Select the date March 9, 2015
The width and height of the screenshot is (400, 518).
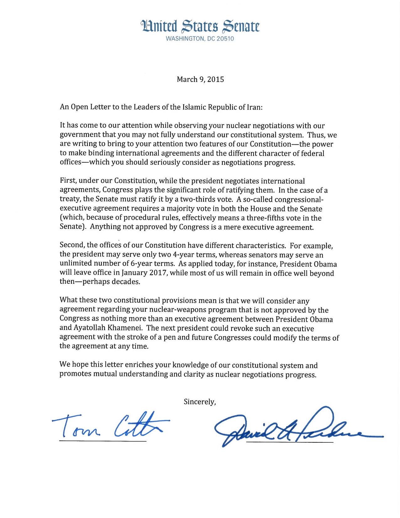(x=200, y=79)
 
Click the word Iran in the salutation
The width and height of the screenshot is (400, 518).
(x=254, y=107)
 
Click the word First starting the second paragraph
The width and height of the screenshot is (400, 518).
(x=68, y=181)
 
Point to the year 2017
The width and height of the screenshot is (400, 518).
(x=158, y=272)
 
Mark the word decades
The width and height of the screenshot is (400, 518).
(x=127, y=282)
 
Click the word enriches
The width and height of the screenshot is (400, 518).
(x=137, y=365)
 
